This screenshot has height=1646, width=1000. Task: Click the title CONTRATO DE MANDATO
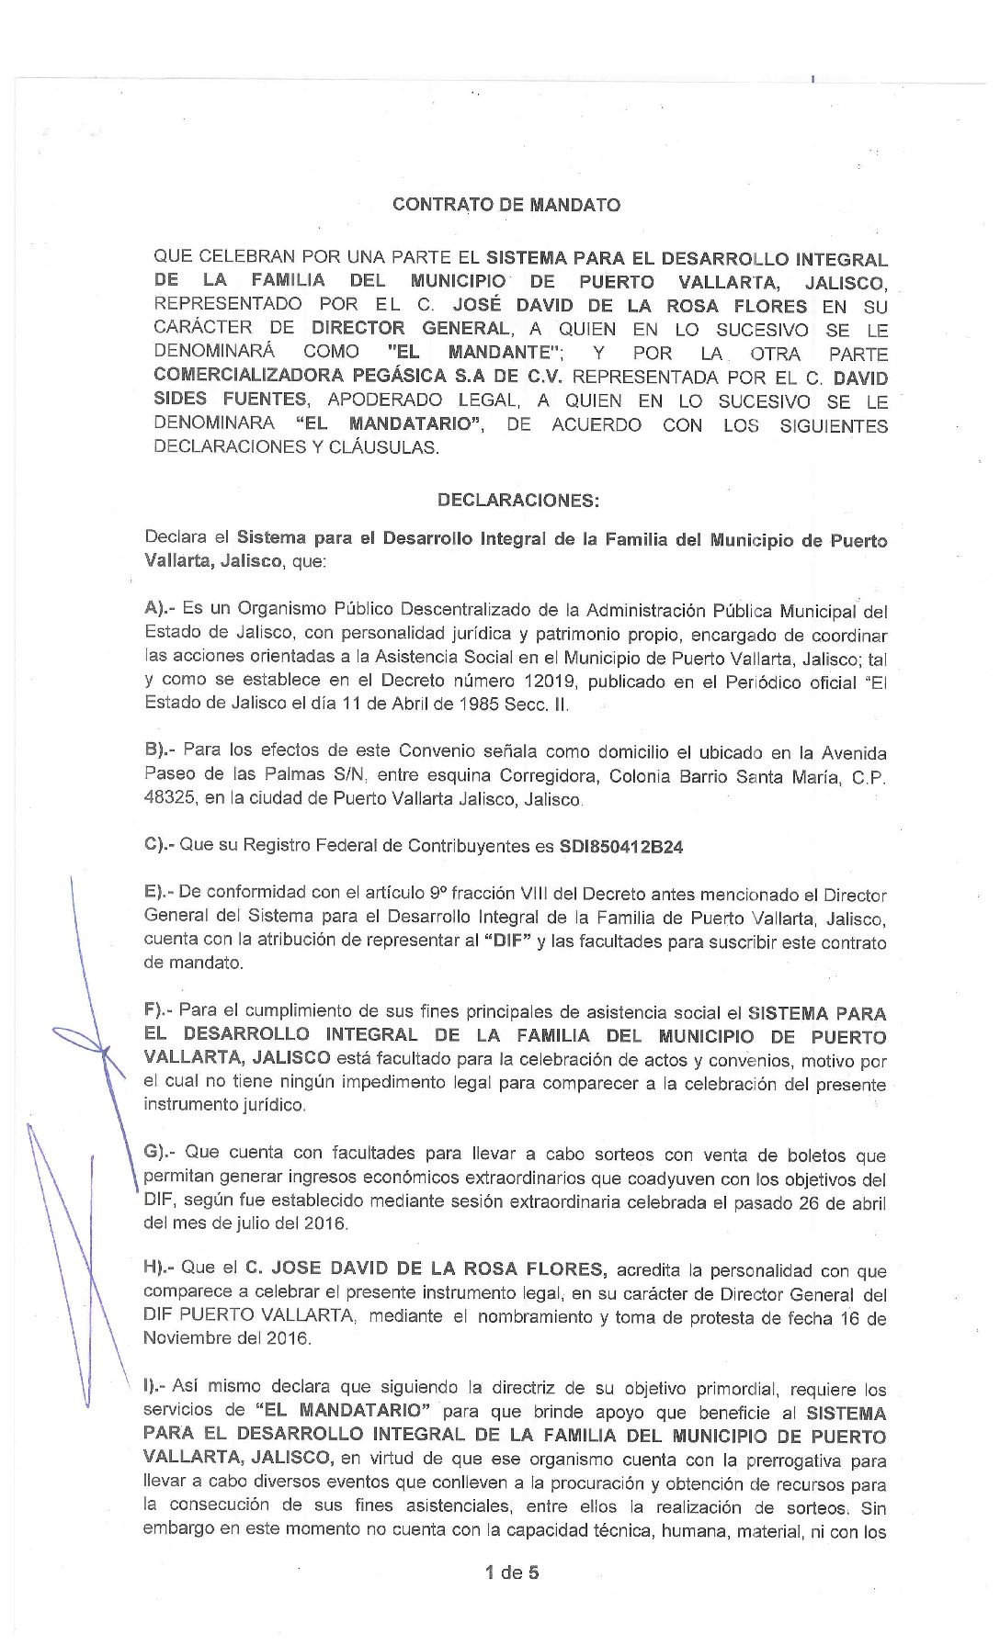[x=506, y=205]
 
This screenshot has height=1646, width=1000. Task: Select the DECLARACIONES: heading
[x=518, y=501]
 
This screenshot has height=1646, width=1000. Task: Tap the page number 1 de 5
[x=512, y=1573]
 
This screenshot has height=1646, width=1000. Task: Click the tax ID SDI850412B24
[x=621, y=847]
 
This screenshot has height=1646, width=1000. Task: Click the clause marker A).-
[x=161, y=609]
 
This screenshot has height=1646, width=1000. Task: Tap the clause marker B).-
[x=161, y=750]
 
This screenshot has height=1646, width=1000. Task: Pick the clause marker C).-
[x=160, y=845]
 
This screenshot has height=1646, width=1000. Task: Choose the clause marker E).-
[x=160, y=893]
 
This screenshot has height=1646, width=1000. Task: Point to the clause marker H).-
[x=161, y=1268]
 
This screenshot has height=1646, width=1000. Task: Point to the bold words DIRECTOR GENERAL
[x=410, y=328]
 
